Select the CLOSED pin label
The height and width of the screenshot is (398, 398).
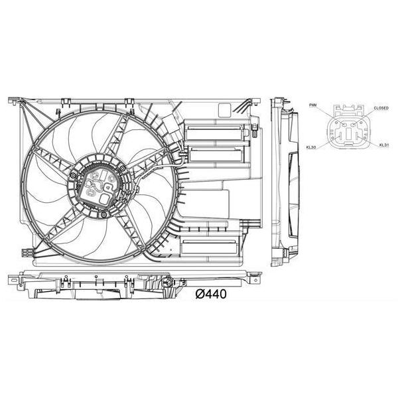381,107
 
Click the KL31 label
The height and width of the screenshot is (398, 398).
383,144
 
